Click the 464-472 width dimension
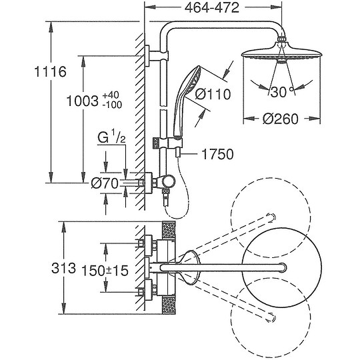[x=212, y=8]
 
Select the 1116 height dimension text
[x=50, y=71]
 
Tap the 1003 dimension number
[x=83, y=101]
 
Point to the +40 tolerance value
[x=111, y=95]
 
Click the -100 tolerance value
[x=112, y=105]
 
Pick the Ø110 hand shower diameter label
[x=213, y=94]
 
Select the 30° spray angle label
[x=281, y=92]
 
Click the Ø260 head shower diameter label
[x=280, y=119]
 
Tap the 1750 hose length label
[x=217, y=154]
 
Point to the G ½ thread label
[x=111, y=137]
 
